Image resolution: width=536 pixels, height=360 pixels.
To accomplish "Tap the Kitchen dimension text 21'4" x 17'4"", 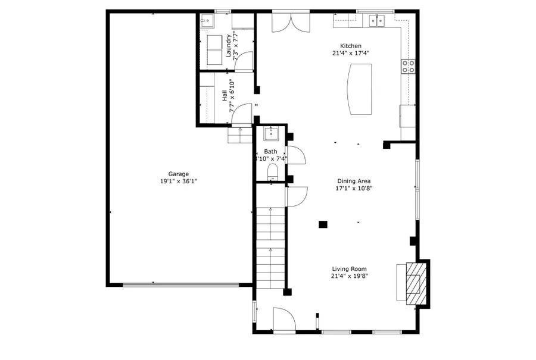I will coord(351,53).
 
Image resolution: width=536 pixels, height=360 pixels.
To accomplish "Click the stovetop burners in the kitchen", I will coord(409,66).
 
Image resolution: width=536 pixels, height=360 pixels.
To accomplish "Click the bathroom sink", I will coord(271,133).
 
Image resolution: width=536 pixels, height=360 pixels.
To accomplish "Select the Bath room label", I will coord(271,152).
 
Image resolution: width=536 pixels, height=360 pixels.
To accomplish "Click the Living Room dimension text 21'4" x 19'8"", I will coord(350,276).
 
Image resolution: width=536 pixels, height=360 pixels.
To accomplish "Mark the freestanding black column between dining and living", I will coord(323,224).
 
